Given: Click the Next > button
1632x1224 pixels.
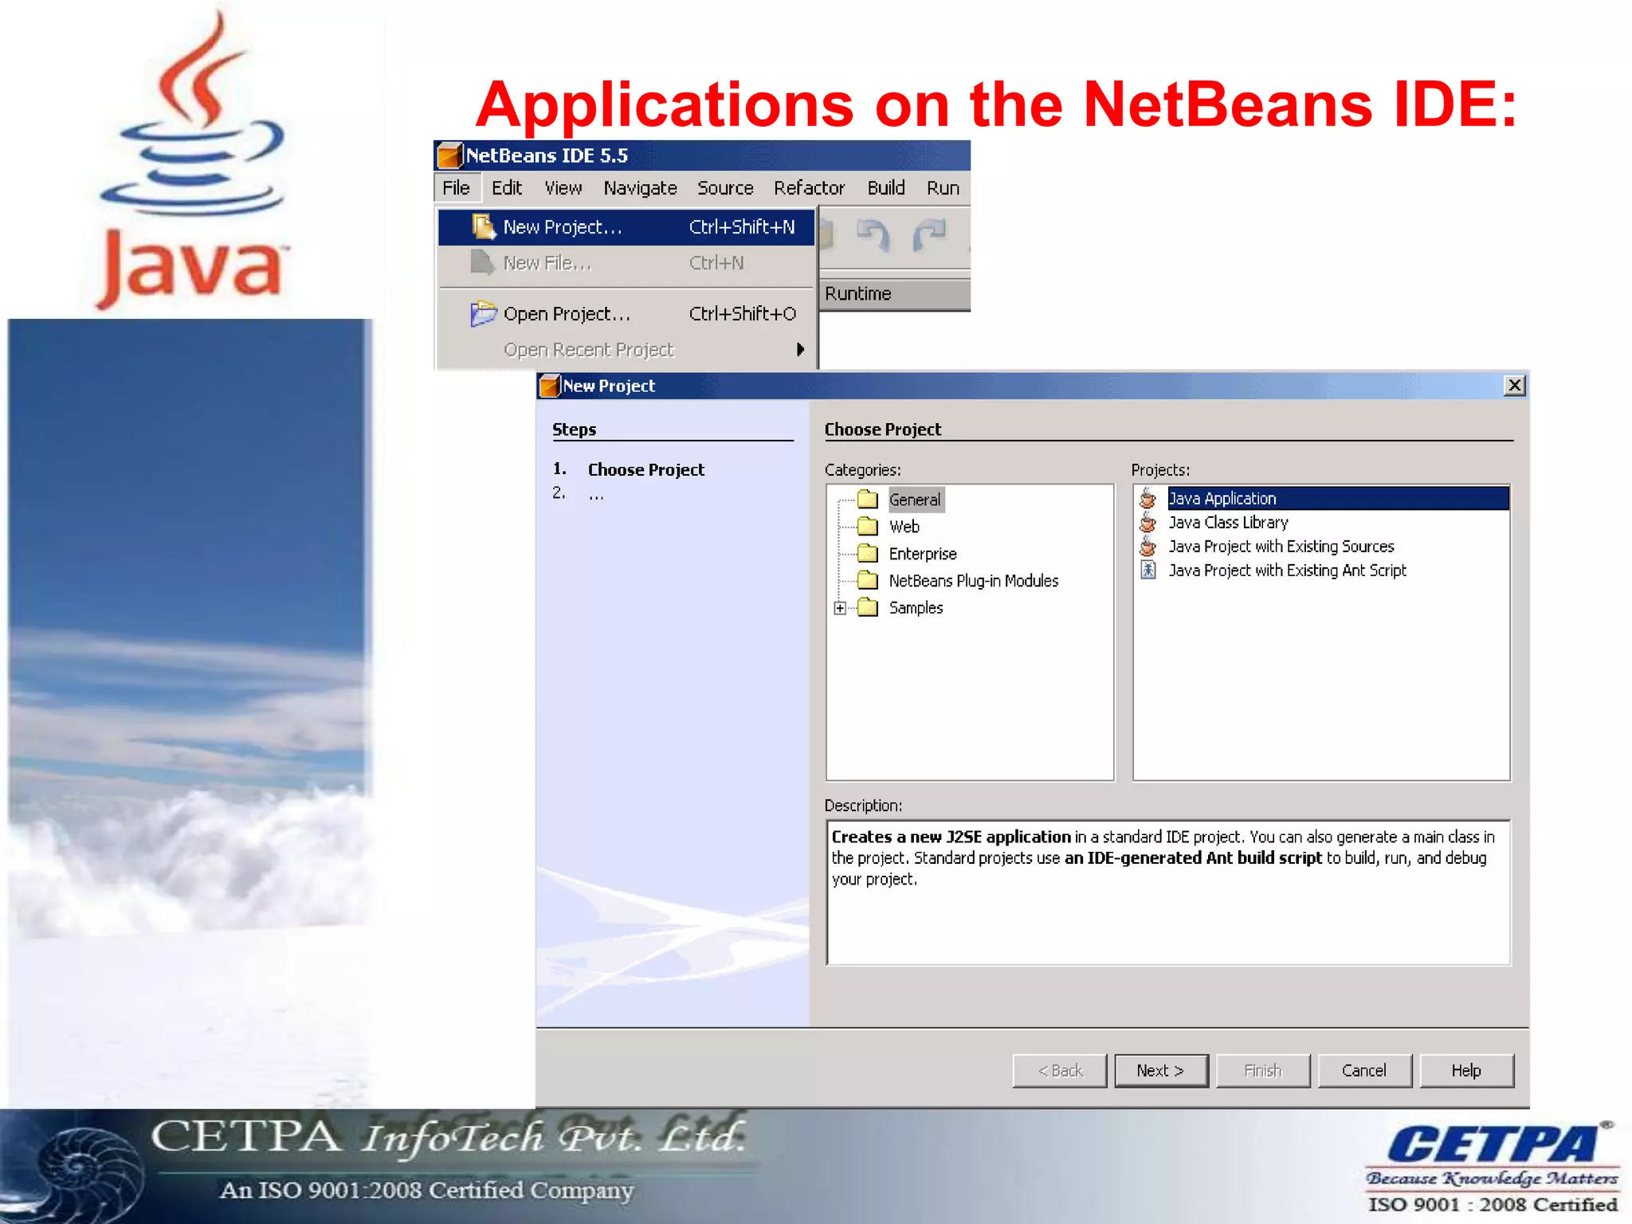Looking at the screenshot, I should tap(1160, 1070).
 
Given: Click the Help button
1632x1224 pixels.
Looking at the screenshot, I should tap(1465, 1070).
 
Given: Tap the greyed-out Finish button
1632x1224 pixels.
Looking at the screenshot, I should tap(1262, 1070).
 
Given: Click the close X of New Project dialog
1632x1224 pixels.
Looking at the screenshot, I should tap(1514, 386).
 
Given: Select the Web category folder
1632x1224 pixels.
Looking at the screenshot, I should tap(904, 527).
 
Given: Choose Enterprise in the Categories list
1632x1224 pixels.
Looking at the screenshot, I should tap(922, 554).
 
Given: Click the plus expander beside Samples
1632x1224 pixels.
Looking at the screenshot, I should tap(840, 608).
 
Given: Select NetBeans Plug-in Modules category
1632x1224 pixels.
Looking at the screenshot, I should tap(973, 581).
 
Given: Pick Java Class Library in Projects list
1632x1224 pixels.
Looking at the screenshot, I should tap(1228, 523).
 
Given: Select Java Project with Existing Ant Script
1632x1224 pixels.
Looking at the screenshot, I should tap(1287, 571).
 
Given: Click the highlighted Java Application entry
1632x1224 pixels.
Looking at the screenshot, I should tap(1222, 499).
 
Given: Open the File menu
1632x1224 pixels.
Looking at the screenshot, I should tap(456, 188).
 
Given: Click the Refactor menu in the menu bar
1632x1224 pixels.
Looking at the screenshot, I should tap(809, 188).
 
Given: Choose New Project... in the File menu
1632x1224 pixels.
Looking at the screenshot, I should tap(563, 228).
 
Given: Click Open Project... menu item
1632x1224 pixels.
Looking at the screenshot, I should tap(567, 314).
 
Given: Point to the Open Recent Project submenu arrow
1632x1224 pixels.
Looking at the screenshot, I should tap(800, 350).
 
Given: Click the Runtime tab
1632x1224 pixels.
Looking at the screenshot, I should tap(858, 294).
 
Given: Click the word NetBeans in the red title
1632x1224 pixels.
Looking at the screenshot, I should tap(1228, 105).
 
